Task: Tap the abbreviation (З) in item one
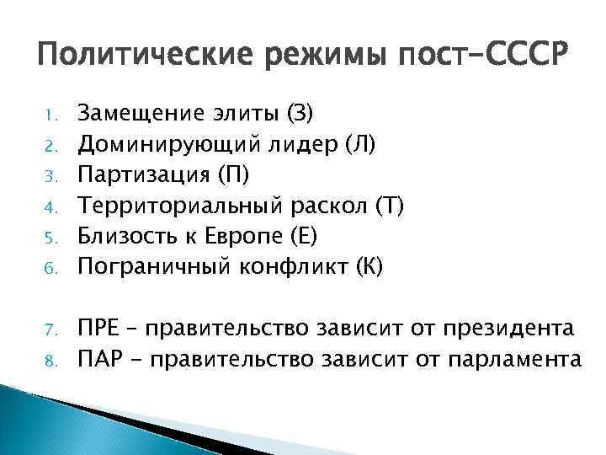(300, 111)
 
